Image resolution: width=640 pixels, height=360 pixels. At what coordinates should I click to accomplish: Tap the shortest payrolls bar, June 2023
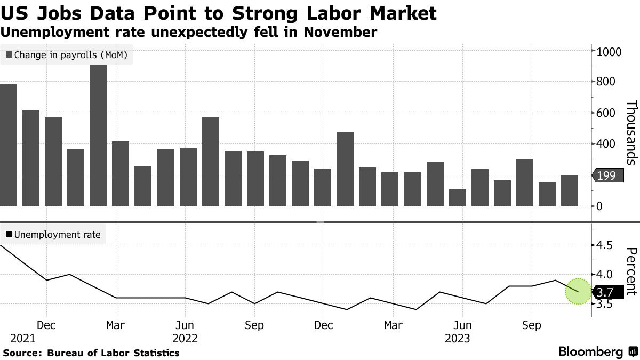[x=458, y=197]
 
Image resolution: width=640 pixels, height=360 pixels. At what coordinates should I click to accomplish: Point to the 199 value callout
[x=607, y=175]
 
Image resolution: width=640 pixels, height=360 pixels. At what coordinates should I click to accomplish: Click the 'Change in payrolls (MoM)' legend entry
[x=67, y=54]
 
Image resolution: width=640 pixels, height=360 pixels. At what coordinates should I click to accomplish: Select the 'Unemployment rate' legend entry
[x=53, y=234]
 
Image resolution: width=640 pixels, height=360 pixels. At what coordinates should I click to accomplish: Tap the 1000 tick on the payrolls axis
[x=609, y=52]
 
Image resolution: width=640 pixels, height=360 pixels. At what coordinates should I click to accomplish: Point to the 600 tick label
[x=606, y=113]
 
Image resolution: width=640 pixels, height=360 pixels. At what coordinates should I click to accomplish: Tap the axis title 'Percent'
[x=631, y=271]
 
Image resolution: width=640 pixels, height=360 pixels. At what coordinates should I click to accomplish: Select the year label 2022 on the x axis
[x=185, y=338]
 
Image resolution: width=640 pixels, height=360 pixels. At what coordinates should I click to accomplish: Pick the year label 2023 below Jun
[x=457, y=338]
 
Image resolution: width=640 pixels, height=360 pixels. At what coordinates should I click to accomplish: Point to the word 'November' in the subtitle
[x=340, y=32]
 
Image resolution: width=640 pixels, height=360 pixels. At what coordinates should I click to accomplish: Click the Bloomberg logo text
[x=590, y=352]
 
